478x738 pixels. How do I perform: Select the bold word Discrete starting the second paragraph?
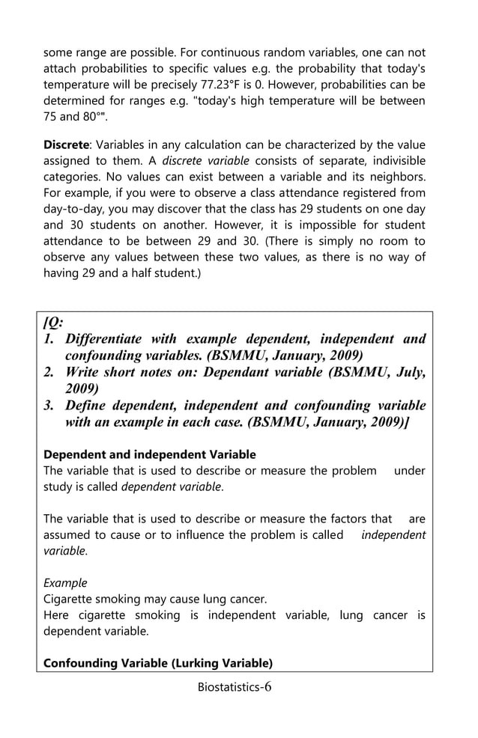tap(66, 144)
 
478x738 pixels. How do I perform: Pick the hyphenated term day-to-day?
tap(78, 210)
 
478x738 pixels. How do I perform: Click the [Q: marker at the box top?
tap(53, 323)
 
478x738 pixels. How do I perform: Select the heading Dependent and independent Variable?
tap(150, 454)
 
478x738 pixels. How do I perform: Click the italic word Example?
tap(65, 582)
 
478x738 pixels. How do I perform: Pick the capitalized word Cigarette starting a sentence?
tap(70, 599)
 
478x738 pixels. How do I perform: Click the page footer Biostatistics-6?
tap(235, 687)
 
